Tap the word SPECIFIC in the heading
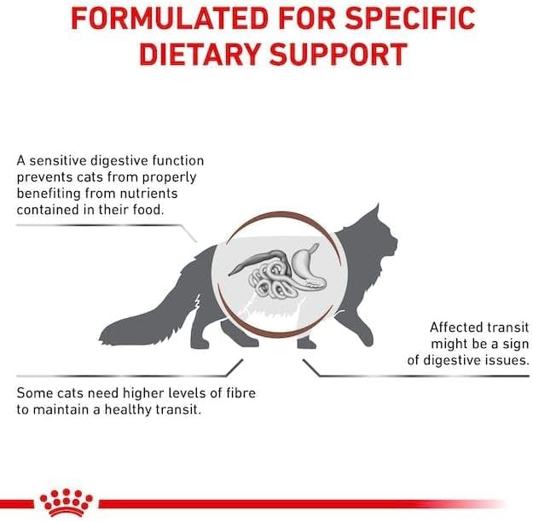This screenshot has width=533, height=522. (x=410, y=18)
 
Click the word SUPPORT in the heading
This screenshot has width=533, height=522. (x=339, y=55)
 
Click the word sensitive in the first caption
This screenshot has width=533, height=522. (x=59, y=160)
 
